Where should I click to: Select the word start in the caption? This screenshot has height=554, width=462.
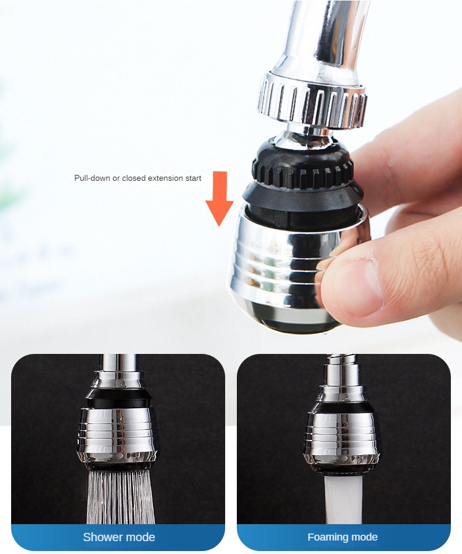click(x=192, y=178)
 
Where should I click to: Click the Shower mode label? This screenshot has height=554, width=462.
click(x=119, y=537)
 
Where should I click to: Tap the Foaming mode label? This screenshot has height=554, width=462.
click(x=343, y=537)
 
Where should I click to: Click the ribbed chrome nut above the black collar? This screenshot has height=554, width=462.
click(x=312, y=99)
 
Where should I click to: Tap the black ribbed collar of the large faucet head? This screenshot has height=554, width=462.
click(x=303, y=170)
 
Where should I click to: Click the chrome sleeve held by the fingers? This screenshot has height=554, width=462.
click(x=281, y=263)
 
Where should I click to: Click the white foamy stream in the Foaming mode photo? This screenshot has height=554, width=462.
click(x=343, y=497)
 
